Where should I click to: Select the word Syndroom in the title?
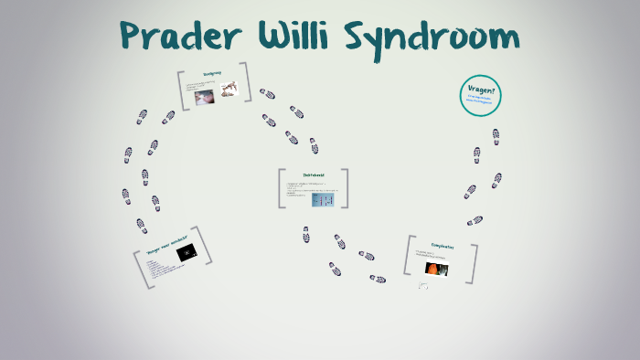433,38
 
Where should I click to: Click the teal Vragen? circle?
481,95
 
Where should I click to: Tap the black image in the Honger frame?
186,255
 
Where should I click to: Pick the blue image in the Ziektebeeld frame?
323,198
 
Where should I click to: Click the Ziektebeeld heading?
314,175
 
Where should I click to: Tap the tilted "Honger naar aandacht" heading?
167,246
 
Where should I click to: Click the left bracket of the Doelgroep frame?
182,90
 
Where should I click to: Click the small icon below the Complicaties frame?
423,286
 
